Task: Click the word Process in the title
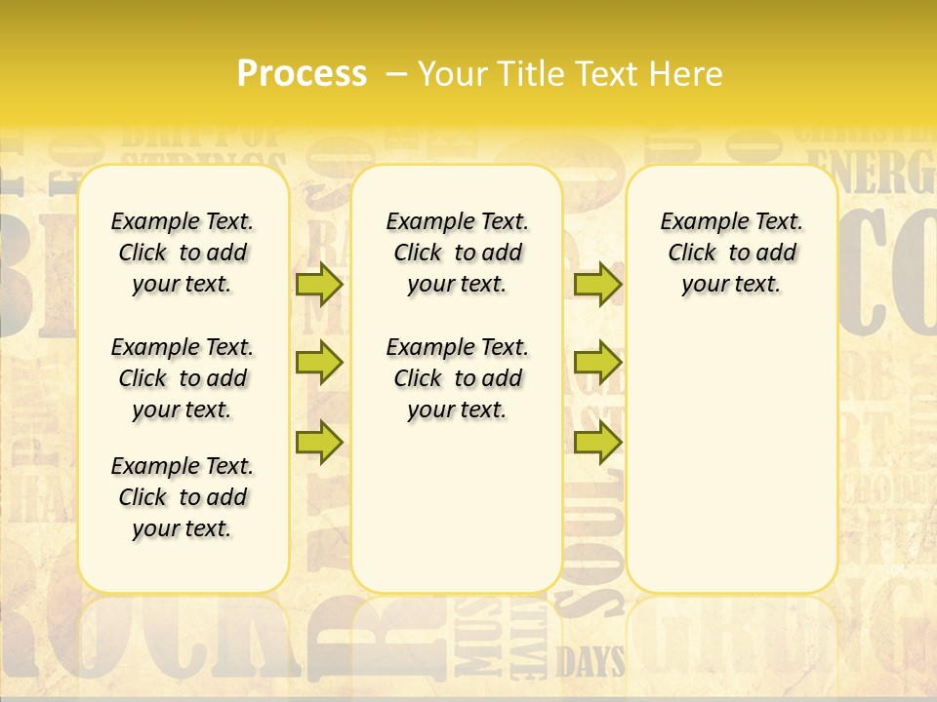coord(302,73)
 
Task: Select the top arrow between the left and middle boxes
coord(318,284)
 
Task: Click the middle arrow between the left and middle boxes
coord(318,363)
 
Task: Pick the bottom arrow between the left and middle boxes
coord(318,442)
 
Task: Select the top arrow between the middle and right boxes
coord(597,284)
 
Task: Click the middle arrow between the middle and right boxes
coord(597,363)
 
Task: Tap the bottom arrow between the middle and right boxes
coord(597,442)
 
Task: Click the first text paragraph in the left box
coord(183,253)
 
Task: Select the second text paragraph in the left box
coord(183,378)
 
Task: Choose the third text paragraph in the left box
coord(183,497)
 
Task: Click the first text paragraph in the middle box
coord(458,253)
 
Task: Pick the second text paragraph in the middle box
coord(458,378)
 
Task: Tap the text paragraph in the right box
coord(732,253)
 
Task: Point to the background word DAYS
coord(591,663)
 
